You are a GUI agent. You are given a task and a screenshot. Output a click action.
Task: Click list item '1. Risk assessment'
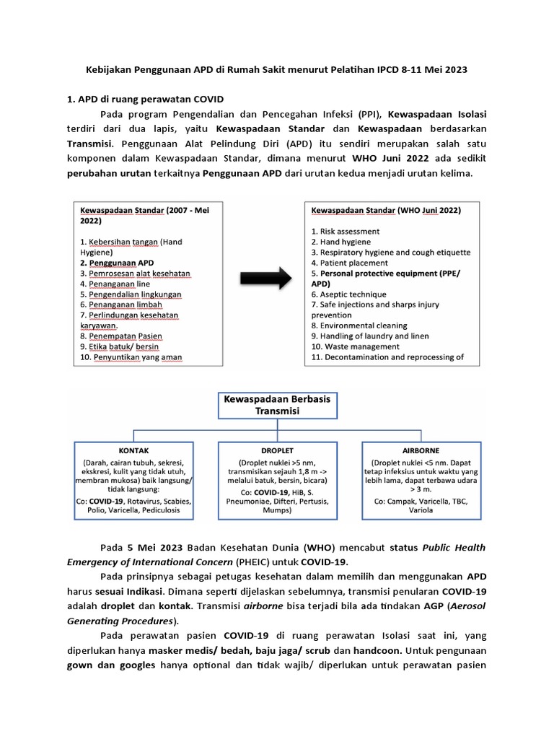[346, 231]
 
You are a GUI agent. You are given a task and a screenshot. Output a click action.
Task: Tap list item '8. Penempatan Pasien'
[120, 336]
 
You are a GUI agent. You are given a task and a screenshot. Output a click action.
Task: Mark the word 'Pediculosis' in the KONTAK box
[166, 510]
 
